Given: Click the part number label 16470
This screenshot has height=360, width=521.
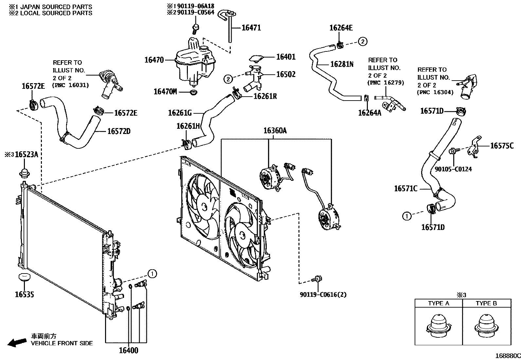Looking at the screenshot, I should [154, 60].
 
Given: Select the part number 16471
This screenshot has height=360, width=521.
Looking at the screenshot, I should [251, 28].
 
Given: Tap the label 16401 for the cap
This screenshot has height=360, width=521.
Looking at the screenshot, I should [286, 57].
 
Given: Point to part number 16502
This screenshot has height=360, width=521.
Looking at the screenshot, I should [286, 74].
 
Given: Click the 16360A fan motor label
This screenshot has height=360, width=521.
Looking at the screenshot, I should [275, 131].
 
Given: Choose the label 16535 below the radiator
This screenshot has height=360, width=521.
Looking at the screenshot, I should [24, 295].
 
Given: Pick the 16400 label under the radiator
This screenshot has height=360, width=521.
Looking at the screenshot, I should [128, 351].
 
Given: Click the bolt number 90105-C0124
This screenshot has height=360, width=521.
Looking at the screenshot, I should [453, 169].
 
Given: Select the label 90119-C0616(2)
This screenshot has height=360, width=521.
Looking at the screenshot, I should [323, 295].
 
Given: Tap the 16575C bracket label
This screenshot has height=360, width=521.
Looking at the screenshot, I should [502, 146].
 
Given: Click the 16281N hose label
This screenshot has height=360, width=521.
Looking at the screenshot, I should [342, 64].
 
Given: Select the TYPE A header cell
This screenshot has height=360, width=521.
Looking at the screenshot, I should [439, 303].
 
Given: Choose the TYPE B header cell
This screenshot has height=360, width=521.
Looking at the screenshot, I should [486, 303].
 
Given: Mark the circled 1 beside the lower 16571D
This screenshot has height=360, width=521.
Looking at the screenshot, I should [406, 216].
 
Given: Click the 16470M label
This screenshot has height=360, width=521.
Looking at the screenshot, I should [165, 92].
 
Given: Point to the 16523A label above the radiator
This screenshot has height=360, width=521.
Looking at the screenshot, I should [27, 155].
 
